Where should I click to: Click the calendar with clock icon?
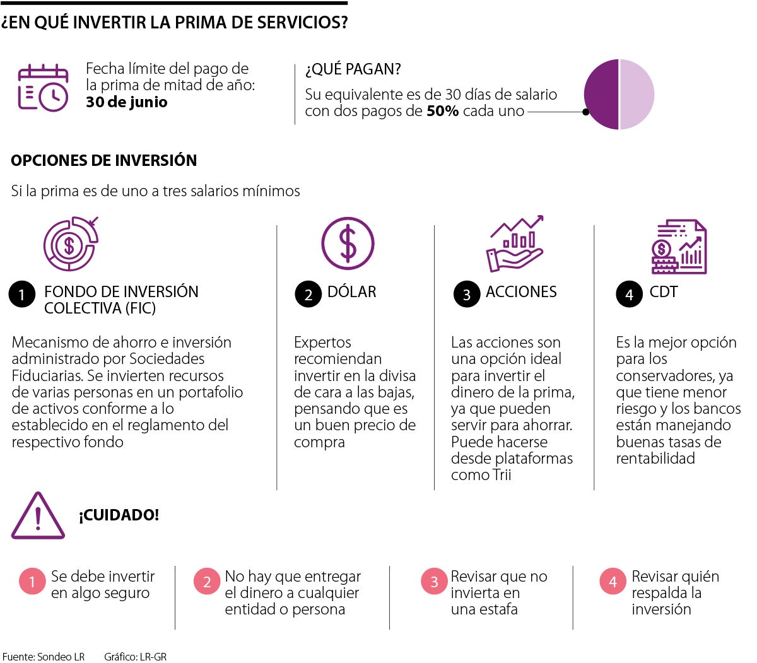coord(43,88)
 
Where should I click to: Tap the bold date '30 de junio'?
coord(127,102)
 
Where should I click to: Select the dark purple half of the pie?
coord(601,95)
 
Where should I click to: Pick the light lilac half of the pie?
coord(637,95)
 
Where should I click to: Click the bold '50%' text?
coord(442,111)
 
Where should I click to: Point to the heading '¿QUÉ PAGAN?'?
coord(353,69)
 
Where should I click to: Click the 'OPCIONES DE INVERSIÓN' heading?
coord(103,160)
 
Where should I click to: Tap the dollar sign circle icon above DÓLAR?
coord(348,243)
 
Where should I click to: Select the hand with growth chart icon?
coord(515,244)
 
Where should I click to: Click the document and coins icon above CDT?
coord(679,247)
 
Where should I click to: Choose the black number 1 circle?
coord(22,294)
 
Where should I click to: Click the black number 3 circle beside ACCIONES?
coord(467,295)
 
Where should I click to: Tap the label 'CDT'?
coord(664,292)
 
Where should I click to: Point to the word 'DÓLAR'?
coord(351,292)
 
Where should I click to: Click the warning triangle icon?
coord(38,517)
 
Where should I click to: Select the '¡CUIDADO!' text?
coord(119,515)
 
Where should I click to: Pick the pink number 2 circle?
coord(207,582)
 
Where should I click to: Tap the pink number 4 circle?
coord(613,582)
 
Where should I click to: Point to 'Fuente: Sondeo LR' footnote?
coord(44,657)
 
